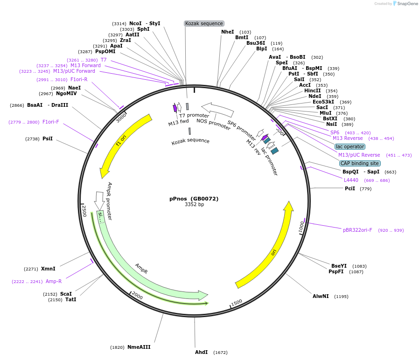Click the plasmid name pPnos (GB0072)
coord(194,198)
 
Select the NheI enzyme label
coord(227,32)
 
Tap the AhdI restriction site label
coord(201,352)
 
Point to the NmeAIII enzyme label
coord(139,347)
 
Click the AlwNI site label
coord(321,296)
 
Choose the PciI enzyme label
coord(350,188)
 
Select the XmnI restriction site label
coord(48,269)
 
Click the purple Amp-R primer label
coord(54,281)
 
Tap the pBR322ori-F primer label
coord(357,230)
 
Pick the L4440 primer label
coord(351,180)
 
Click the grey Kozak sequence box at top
coord(204,23)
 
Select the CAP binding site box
coord(360,163)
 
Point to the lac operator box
coord(350,146)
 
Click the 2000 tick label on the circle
coord(137,295)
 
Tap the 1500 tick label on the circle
coord(237,302)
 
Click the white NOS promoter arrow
coord(217,110)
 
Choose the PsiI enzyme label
coord(48,138)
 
